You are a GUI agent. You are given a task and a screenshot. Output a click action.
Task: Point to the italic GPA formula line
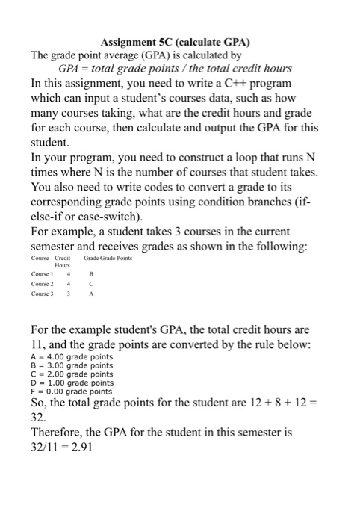(179, 69)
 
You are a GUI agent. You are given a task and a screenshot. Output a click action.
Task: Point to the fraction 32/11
(47, 448)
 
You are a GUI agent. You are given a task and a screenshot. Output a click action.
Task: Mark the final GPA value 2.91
(93, 448)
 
